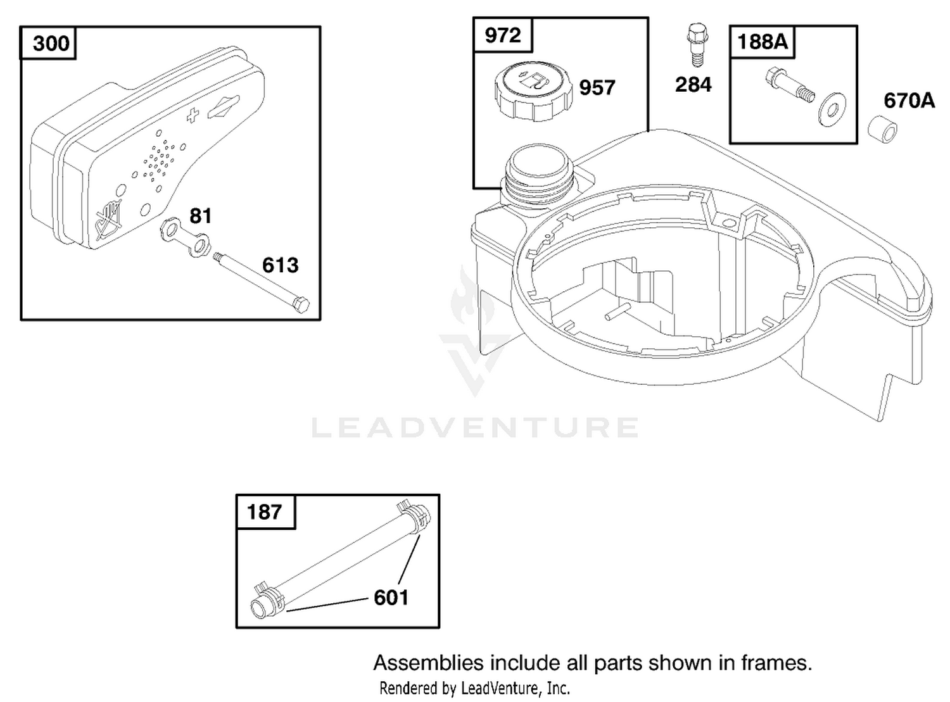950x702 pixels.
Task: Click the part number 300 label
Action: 51,44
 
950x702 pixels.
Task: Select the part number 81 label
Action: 200,216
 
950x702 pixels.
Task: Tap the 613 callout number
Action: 280,265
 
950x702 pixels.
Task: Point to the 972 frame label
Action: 502,35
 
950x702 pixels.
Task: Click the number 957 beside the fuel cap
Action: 597,88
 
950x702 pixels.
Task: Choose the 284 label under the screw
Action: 693,84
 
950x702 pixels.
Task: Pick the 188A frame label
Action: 763,42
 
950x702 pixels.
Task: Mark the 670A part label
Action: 909,101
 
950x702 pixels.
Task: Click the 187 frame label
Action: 264,512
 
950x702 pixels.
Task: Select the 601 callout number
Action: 391,598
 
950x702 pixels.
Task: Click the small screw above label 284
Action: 697,45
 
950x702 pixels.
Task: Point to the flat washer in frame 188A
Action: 832,110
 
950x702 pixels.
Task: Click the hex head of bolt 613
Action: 301,305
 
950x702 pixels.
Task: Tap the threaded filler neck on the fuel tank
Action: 540,177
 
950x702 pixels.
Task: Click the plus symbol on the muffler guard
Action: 193,115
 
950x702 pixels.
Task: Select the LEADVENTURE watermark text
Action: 474,427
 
